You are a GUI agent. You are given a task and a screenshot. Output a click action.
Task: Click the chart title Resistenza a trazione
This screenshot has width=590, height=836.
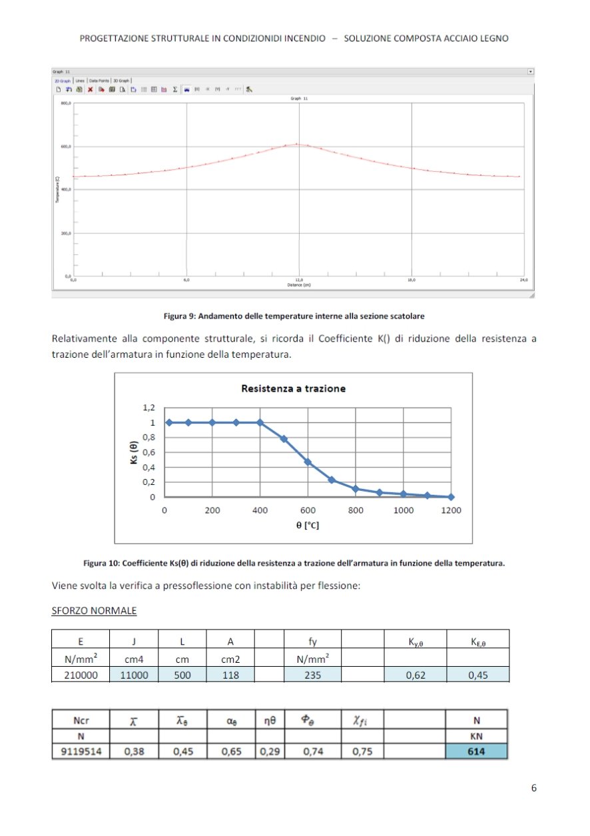point(293,388)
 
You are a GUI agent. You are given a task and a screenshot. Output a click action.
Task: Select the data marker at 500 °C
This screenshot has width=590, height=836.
point(284,439)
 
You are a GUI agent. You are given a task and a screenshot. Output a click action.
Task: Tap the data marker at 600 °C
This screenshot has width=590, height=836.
point(308,462)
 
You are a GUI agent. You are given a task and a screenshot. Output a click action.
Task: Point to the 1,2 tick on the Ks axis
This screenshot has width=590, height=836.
point(148,408)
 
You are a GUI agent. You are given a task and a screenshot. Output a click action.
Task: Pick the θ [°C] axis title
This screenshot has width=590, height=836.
point(307,526)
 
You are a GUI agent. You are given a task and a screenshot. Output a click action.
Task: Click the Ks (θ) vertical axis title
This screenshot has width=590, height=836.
point(133,453)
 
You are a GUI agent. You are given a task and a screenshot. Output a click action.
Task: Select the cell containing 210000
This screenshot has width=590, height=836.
point(81,675)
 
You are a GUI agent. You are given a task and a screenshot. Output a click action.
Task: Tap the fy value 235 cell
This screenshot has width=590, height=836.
point(312,675)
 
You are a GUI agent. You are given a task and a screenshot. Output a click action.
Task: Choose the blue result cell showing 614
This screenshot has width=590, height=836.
point(477,752)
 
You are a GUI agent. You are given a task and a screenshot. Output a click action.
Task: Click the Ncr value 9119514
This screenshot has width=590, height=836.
point(80,752)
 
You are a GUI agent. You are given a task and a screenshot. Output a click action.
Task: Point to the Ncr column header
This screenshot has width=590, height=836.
point(81,720)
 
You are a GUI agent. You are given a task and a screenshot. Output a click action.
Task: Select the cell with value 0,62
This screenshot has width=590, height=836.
point(416,675)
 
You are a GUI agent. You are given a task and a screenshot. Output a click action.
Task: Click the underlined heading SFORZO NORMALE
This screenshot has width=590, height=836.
point(94,611)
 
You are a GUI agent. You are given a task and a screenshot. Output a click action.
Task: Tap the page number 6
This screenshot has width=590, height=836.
point(533,788)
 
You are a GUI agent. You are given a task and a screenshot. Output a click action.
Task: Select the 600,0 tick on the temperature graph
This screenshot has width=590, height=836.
point(65,147)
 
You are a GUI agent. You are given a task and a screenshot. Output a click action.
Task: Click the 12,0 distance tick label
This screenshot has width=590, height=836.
point(299,280)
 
